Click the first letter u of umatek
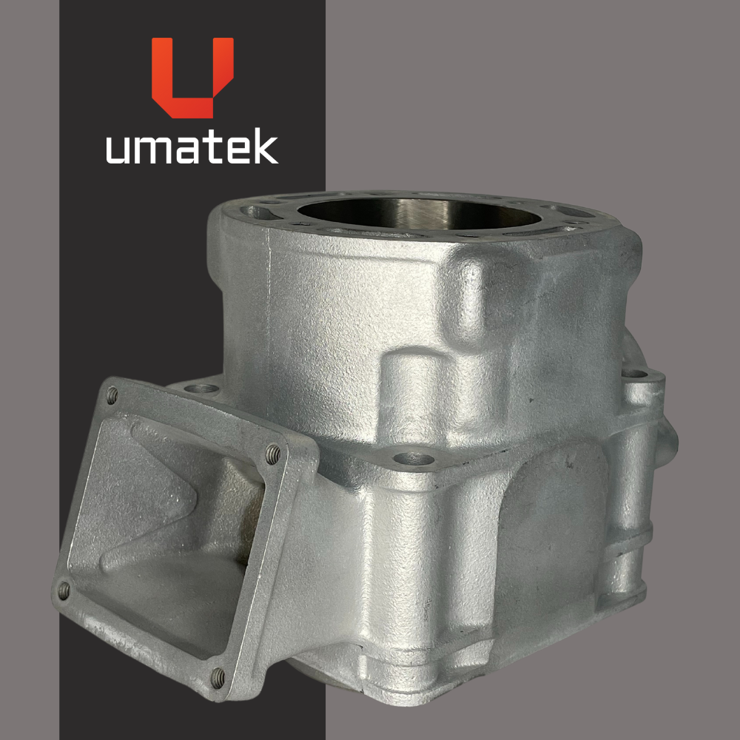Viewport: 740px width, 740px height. [x=118, y=150]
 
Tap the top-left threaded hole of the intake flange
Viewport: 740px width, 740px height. [x=112, y=395]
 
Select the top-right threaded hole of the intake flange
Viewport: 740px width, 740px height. [x=273, y=454]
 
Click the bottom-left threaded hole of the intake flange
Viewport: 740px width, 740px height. [x=63, y=591]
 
